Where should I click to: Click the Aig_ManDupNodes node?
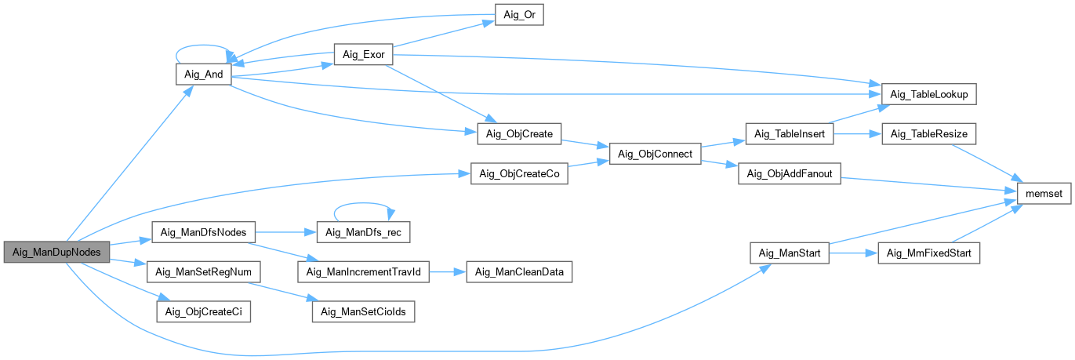pyautogui.click(x=56, y=252)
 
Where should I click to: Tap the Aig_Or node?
pyautogui.click(x=519, y=15)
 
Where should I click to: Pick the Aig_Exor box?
pyautogui.click(x=363, y=55)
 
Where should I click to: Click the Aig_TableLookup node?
pyautogui.click(x=929, y=94)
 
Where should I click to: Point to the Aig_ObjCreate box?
pyautogui.click(x=520, y=134)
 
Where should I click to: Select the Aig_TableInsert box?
pyautogui.click(x=790, y=134)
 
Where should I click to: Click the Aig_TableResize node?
pyautogui.click(x=929, y=134)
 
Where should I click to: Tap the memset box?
pyautogui.click(x=1040, y=191)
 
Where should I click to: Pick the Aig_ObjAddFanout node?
pyautogui.click(x=790, y=175)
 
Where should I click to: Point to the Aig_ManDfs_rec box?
pyautogui.click(x=363, y=232)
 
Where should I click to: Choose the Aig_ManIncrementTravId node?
pyautogui.click(x=363, y=272)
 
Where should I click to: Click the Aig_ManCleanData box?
pyautogui.click(x=520, y=272)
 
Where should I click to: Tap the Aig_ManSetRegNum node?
pyautogui.click(x=203, y=272)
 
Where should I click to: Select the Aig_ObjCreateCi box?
pyautogui.click(x=203, y=311)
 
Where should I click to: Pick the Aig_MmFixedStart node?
pyautogui.click(x=929, y=253)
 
